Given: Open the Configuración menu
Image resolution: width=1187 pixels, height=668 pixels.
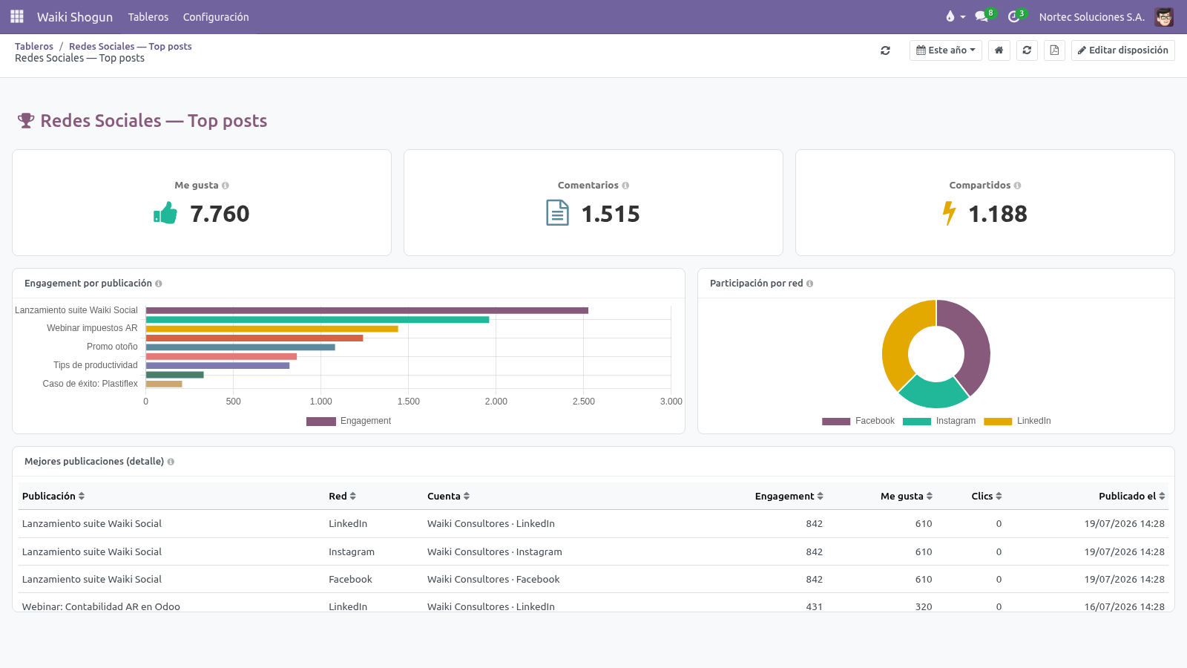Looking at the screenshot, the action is (x=216, y=17).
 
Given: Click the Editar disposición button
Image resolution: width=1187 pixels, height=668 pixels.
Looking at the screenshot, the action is (x=1123, y=50).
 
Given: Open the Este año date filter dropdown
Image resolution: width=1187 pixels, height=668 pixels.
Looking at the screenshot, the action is (x=945, y=50).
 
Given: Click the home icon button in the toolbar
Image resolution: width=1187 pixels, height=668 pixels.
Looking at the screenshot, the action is (x=999, y=50).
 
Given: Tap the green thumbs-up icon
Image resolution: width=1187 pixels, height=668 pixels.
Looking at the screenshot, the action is (x=165, y=213).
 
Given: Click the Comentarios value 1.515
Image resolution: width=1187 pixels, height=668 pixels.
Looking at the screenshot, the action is (x=611, y=214).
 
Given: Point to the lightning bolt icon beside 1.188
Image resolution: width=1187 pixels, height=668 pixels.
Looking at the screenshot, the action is (x=949, y=213).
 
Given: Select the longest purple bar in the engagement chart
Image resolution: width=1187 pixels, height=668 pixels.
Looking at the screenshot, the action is (x=366, y=311).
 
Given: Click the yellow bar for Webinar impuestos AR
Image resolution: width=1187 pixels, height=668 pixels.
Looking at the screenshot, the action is (x=272, y=329).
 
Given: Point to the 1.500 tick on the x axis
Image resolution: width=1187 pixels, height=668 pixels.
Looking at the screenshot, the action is (x=409, y=402).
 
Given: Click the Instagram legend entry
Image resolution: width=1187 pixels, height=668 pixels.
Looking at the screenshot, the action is (x=939, y=421).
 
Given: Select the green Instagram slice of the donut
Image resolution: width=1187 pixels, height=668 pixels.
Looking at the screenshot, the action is (x=934, y=393).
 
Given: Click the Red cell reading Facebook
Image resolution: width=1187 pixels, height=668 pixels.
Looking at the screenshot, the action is (x=350, y=580).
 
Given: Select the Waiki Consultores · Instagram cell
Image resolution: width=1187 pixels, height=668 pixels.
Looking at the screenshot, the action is (x=494, y=552).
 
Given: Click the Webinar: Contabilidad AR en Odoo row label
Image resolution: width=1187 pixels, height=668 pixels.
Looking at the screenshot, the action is (x=101, y=606).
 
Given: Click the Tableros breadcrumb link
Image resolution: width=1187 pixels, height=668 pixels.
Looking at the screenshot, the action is (x=34, y=46).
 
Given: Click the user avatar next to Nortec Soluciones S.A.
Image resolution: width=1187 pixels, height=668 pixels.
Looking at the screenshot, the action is (x=1164, y=17).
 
